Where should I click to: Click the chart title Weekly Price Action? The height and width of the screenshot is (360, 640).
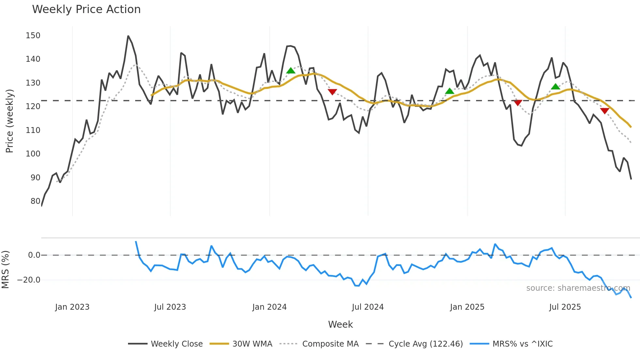(x=86, y=9)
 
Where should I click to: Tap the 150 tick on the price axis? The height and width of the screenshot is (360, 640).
(x=33, y=35)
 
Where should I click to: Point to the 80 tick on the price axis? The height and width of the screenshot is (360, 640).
(x=35, y=201)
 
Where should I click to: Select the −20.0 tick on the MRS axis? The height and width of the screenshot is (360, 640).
(x=29, y=280)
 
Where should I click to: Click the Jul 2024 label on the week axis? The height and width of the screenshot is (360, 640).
(x=368, y=307)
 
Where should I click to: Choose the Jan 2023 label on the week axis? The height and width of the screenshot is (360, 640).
(x=72, y=307)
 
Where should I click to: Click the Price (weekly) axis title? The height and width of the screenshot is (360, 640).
(x=9, y=121)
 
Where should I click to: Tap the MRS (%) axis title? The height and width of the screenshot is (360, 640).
(x=5, y=270)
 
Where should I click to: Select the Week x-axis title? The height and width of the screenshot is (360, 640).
(x=340, y=324)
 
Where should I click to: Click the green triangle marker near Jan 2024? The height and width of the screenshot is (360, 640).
(x=291, y=71)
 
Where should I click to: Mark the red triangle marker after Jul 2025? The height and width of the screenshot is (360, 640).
(x=605, y=111)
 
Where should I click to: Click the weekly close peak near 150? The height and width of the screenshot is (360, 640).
(x=128, y=36)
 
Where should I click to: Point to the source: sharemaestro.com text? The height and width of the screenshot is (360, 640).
(x=578, y=288)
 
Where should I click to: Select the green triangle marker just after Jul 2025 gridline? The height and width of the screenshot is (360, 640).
(x=555, y=87)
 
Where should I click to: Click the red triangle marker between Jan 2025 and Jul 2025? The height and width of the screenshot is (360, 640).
(x=518, y=103)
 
